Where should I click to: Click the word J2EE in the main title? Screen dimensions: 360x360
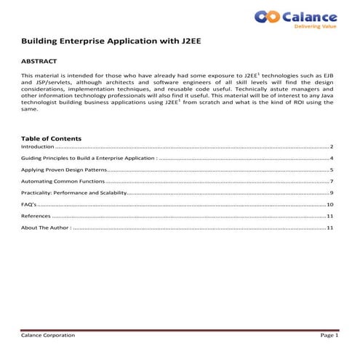[187, 42]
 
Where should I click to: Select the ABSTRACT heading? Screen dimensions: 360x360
[39, 62]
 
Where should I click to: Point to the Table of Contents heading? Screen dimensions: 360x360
[52, 138]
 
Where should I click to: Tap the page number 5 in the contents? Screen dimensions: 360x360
[331, 169]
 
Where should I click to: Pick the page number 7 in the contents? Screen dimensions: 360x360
[331, 181]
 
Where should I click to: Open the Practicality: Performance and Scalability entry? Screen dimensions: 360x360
[74, 193]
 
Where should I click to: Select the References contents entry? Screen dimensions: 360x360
[36, 216]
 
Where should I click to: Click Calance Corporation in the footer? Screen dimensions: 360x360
[48, 335]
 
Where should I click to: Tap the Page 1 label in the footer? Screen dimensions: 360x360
[329, 335]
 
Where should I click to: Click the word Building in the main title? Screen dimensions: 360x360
[41, 42]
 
